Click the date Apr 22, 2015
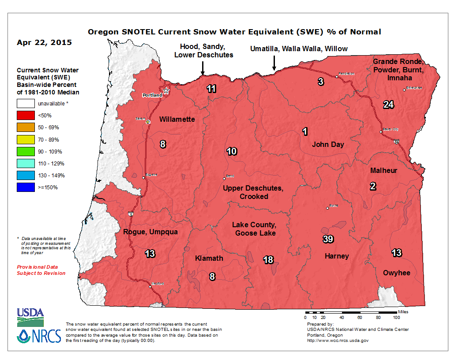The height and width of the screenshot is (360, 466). click(44, 43)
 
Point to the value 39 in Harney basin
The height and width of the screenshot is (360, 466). click(328, 239)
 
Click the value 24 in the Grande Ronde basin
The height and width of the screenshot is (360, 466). click(388, 105)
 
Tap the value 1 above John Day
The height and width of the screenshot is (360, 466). click(304, 131)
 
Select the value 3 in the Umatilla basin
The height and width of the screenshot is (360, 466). click(321, 81)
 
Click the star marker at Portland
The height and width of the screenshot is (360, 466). click(166, 91)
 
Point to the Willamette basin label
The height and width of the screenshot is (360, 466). click(177, 119)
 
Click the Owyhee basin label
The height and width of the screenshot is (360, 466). click(396, 273)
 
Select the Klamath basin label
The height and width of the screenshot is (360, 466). click(209, 258)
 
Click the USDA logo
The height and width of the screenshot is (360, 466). click(30, 314)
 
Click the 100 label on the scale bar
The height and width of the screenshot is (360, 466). click(396, 317)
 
